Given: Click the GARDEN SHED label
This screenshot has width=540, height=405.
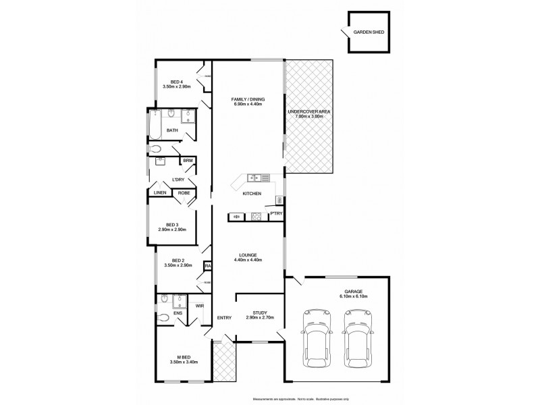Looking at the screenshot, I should tap(365, 32).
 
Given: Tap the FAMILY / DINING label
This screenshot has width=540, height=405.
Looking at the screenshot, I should tap(247, 100).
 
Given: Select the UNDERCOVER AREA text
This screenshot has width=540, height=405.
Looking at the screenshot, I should tap(308, 112).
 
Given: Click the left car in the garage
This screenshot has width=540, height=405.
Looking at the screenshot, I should tap(317, 337).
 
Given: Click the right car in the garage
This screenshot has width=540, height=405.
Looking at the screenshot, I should tap(357, 337).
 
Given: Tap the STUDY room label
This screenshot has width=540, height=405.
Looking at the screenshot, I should tap(260, 313).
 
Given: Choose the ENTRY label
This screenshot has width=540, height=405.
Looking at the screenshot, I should tap(225, 319).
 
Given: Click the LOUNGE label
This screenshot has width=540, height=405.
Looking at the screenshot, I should tap(247, 255).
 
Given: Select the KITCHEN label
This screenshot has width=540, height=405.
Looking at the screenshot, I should tap(252, 194).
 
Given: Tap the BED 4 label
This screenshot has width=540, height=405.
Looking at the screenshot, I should tap(176, 82).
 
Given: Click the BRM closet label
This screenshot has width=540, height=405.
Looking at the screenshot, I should tap(186, 161).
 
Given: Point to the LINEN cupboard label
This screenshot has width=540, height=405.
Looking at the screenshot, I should tap(160, 193).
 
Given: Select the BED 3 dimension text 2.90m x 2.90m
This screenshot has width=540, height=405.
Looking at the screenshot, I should tap(172, 230).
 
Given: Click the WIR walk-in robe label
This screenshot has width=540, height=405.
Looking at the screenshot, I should tap(200, 306).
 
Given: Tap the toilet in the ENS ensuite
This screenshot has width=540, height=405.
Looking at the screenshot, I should tap(164, 317).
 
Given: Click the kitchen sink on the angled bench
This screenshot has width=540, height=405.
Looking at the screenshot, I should tap(253, 178).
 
